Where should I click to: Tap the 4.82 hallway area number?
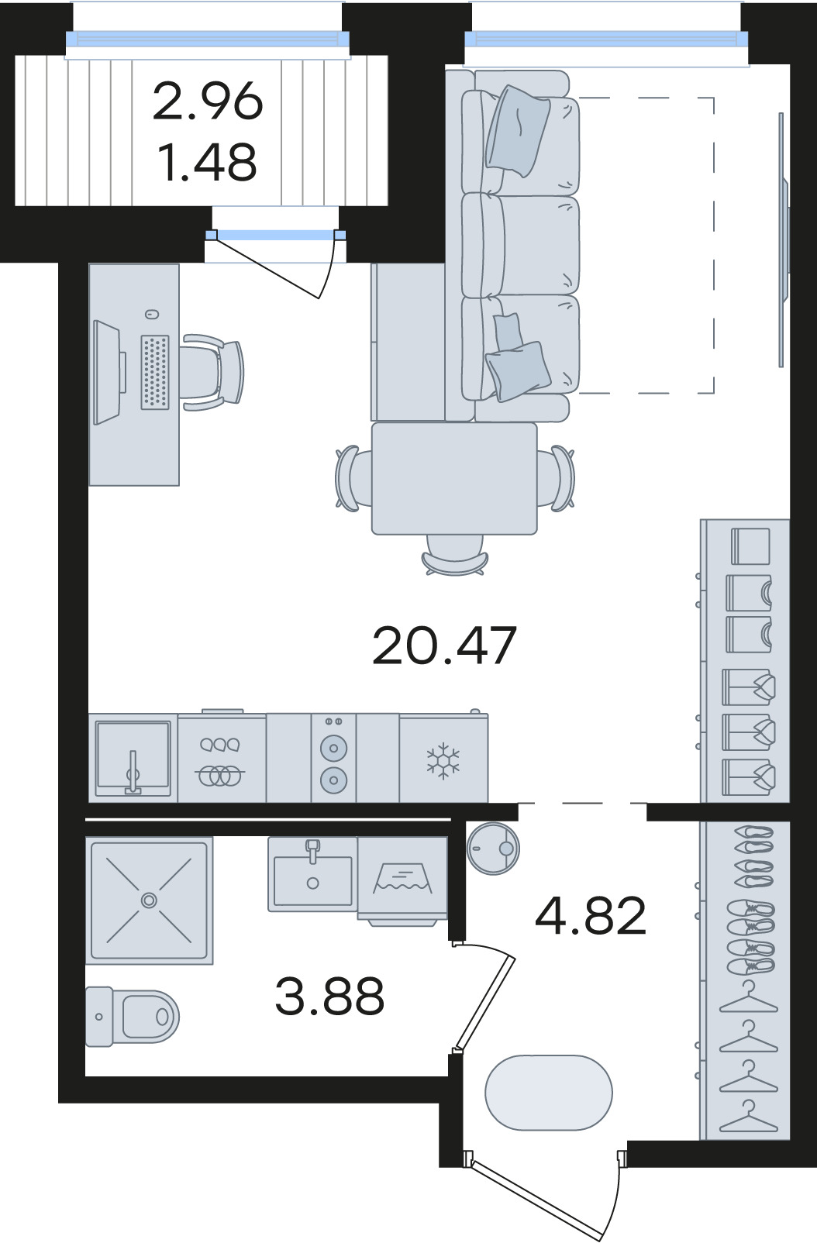(x=591, y=915)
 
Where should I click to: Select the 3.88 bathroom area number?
(x=329, y=996)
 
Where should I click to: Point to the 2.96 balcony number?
(x=207, y=101)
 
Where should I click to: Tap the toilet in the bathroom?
(x=132, y=1017)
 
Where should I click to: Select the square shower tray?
(x=150, y=900)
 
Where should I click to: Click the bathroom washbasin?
(x=312, y=875)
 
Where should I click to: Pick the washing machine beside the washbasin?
(x=402, y=881)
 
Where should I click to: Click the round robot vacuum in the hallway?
(x=494, y=849)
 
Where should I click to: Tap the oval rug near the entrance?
(x=548, y=1092)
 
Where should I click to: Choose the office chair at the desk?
(x=213, y=372)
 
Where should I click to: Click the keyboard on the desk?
(x=155, y=372)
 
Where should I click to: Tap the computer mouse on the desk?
(x=152, y=315)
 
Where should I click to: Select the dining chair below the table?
(x=455, y=556)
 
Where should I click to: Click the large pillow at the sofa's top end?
(x=518, y=131)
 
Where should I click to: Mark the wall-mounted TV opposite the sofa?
(x=784, y=239)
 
